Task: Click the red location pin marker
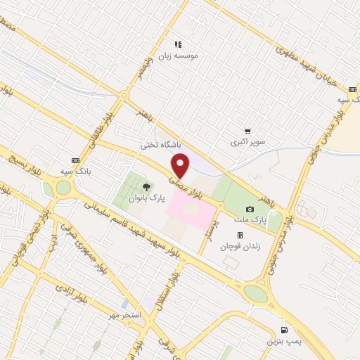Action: pyautogui.click(x=181, y=167)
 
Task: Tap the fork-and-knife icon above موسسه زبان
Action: pyautogui.click(x=179, y=44)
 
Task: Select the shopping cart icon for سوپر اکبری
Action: pyautogui.click(x=247, y=131)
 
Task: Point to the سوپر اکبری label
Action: pyautogui.click(x=249, y=143)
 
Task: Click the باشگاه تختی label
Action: pyautogui.click(x=160, y=146)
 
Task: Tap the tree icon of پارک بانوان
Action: pyautogui.click(x=146, y=187)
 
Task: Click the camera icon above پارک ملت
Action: pyautogui.click(x=250, y=209)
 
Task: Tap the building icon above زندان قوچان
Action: pyautogui.click(x=240, y=235)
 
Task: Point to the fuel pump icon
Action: pyautogui.click(x=285, y=329)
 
